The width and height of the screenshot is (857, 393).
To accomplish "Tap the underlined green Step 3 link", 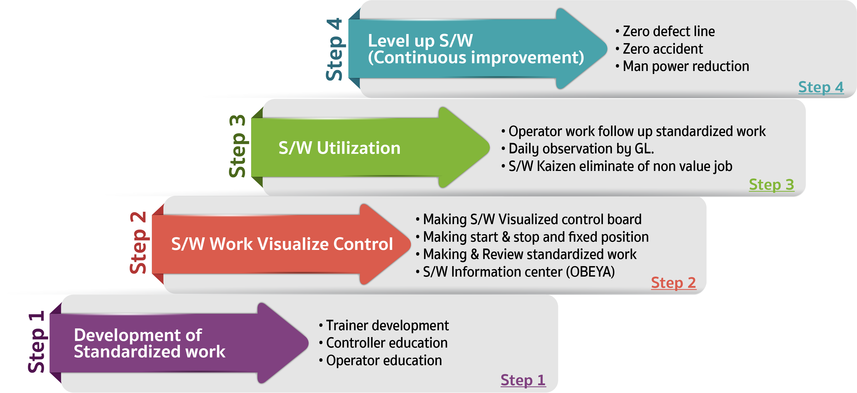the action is coord(771,185).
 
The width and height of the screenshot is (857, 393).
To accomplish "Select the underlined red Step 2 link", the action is coord(674,283).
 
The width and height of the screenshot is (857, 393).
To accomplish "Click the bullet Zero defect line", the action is coord(665,31).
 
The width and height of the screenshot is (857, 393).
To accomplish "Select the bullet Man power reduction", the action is coord(682,66).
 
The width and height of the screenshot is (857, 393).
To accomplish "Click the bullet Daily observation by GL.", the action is coord(578,149).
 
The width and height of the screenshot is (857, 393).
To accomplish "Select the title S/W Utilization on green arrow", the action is coord(339,148).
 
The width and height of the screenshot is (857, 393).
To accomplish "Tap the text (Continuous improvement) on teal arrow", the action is coord(476,58).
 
